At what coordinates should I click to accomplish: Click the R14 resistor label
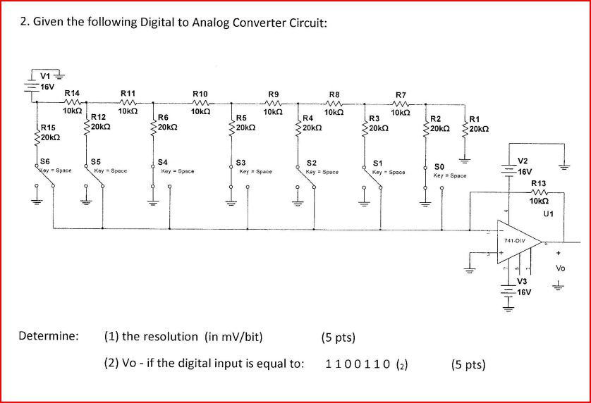click(x=72, y=92)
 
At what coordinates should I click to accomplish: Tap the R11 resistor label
click(x=128, y=92)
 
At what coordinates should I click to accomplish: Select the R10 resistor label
click(x=200, y=93)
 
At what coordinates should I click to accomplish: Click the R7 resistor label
click(x=401, y=94)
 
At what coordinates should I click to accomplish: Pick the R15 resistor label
click(x=47, y=128)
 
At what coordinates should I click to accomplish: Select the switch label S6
click(x=45, y=163)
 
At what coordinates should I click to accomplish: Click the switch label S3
click(x=241, y=163)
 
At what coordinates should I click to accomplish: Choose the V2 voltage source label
click(x=526, y=161)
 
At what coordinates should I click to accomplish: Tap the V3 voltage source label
click(x=523, y=281)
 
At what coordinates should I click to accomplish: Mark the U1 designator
click(x=549, y=211)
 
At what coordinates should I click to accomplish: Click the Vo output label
click(x=561, y=268)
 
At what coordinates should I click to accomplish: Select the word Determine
click(x=49, y=335)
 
